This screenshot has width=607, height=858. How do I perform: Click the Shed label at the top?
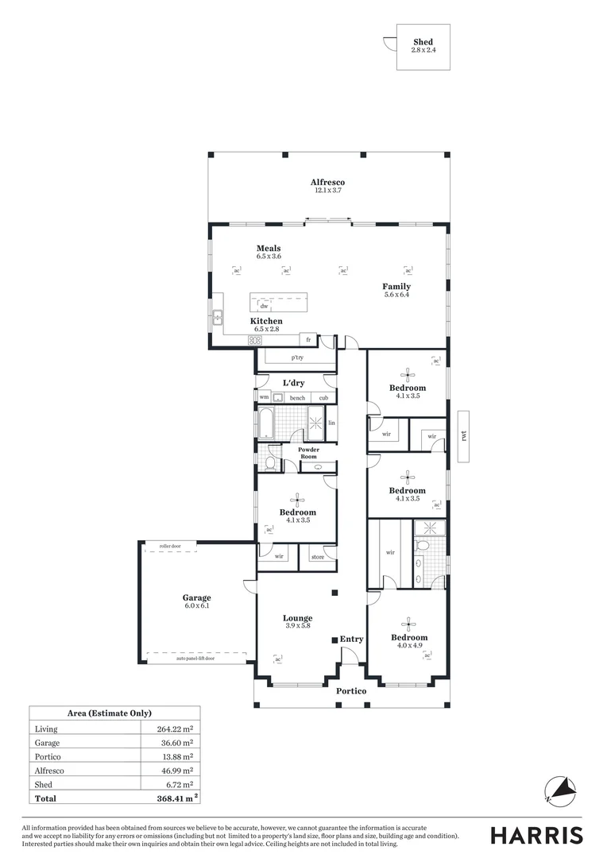(x=423, y=42)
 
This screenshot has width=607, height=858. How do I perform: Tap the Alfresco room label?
(x=327, y=183)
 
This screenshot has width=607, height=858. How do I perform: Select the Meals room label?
(x=269, y=249)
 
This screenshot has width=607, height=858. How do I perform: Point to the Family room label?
(x=396, y=287)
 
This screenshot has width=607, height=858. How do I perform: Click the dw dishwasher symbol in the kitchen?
(x=263, y=306)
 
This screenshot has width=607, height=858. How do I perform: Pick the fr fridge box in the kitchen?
(x=308, y=339)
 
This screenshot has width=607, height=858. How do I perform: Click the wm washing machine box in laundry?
(x=264, y=397)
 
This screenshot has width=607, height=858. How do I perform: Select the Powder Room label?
(x=308, y=453)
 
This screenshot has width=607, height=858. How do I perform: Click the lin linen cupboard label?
(x=331, y=423)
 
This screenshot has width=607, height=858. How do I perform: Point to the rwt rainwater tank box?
(x=464, y=435)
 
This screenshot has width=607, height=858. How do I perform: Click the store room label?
(x=317, y=557)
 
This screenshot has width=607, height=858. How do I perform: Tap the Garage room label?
(x=196, y=597)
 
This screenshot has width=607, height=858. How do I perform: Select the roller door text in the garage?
(x=170, y=547)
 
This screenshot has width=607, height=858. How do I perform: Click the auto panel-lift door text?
(x=195, y=659)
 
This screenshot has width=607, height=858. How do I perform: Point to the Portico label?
(x=351, y=691)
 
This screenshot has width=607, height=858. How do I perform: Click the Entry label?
(x=351, y=639)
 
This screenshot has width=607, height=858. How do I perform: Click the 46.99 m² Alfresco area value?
(x=177, y=771)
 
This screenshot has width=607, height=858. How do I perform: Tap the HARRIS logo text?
(x=536, y=835)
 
